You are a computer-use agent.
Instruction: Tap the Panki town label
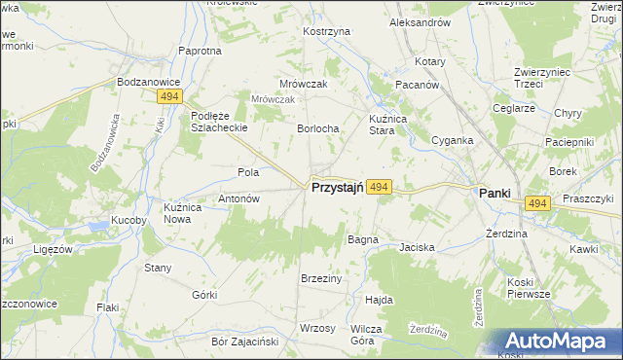click(x=495, y=193)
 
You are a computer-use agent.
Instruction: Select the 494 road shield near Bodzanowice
click(x=167, y=97)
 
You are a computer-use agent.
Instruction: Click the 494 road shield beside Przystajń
click(x=381, y=187)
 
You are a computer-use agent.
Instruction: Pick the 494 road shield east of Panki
click(x=538, y=202)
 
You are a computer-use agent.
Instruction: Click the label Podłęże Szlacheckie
click(x=218, y=121)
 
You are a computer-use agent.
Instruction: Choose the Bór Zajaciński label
click(x=245, y=342)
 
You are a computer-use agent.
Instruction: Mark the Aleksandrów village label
click(x=419, y=21)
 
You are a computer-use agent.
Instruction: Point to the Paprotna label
click(x=200, y=51)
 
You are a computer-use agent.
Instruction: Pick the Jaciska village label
click(x=417, y=247)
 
